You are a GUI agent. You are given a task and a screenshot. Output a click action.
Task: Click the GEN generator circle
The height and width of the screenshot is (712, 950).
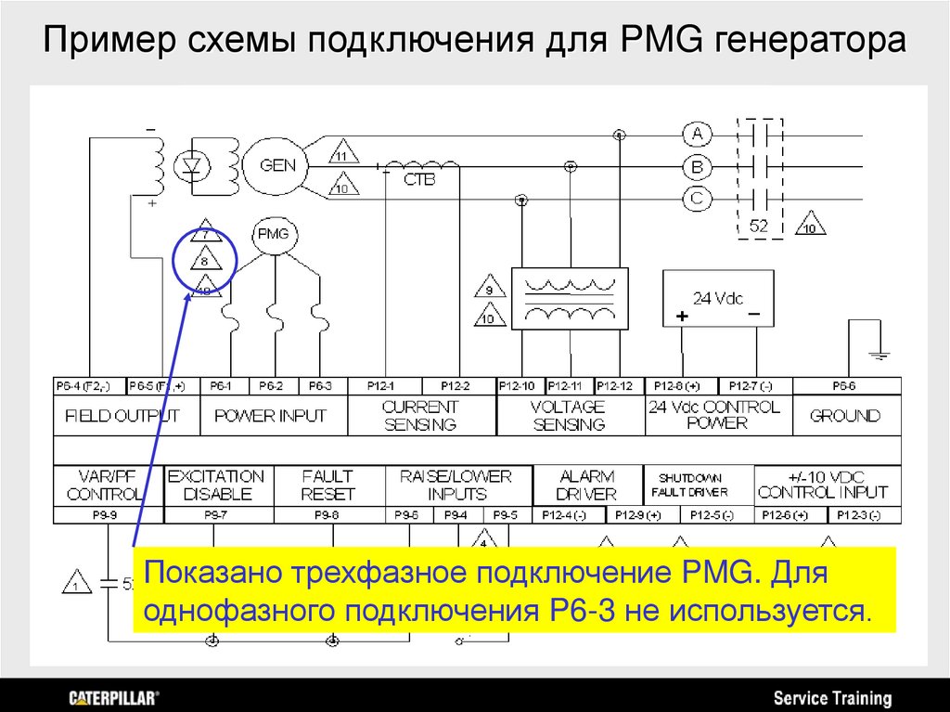[x=277, y=166]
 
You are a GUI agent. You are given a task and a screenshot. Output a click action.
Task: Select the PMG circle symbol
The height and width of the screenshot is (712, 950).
[x=273, y=234]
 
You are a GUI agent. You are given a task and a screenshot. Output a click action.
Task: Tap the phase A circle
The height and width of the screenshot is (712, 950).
[x=697, y=135]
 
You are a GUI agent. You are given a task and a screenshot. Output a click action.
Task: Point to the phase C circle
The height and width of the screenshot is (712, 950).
[x=697, y=197]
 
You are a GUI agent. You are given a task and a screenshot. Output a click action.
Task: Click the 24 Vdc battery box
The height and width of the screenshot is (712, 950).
[x=720, y=299]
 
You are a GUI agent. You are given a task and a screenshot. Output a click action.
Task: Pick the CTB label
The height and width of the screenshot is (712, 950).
[x=418, y=180]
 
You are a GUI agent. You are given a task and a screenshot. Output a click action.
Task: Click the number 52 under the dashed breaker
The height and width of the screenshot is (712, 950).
[x=759, y=226]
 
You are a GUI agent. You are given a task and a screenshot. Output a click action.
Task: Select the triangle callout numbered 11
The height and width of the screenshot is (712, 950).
[x=343, y=153]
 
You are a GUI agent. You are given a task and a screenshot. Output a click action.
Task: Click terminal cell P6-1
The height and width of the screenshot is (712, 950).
[x=221, y=385]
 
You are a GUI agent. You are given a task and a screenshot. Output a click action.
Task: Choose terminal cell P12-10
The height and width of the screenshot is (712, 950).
[x=517, y=385]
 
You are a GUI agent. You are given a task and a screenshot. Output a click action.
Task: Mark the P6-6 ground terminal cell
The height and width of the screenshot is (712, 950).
[x=844, y=385]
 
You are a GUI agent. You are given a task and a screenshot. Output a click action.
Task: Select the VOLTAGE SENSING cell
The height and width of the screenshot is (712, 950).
[x=569, y=416]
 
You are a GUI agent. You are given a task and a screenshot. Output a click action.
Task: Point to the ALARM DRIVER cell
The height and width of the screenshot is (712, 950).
[x=587, y=485]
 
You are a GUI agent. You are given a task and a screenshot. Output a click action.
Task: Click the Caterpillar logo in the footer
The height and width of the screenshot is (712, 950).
[x=114, y=697]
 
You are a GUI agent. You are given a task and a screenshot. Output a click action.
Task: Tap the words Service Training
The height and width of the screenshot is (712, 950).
[x=832, y=698]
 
